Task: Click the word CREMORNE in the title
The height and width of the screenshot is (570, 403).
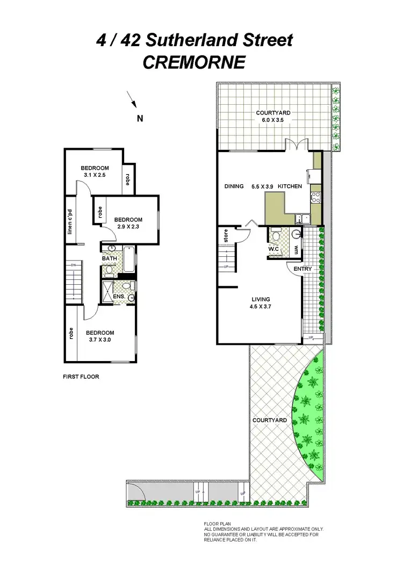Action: click(x=193, y=63)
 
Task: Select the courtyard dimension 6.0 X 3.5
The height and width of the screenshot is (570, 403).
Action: click(x=273, y=120)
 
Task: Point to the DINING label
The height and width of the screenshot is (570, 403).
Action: click(x=234, y=186)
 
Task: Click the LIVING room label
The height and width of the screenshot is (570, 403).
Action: click(x=261, y=299)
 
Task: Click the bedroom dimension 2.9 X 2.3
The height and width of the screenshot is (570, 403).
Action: click(x=128, y=227)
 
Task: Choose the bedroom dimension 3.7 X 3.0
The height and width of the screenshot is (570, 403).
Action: click(x=99, y=340)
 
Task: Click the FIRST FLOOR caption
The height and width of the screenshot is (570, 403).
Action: click(x=81, y=377)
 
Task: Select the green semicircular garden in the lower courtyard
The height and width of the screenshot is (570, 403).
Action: click(x=309, y=414)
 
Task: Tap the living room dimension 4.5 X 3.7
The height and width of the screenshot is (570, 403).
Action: click(x=261, y=307)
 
